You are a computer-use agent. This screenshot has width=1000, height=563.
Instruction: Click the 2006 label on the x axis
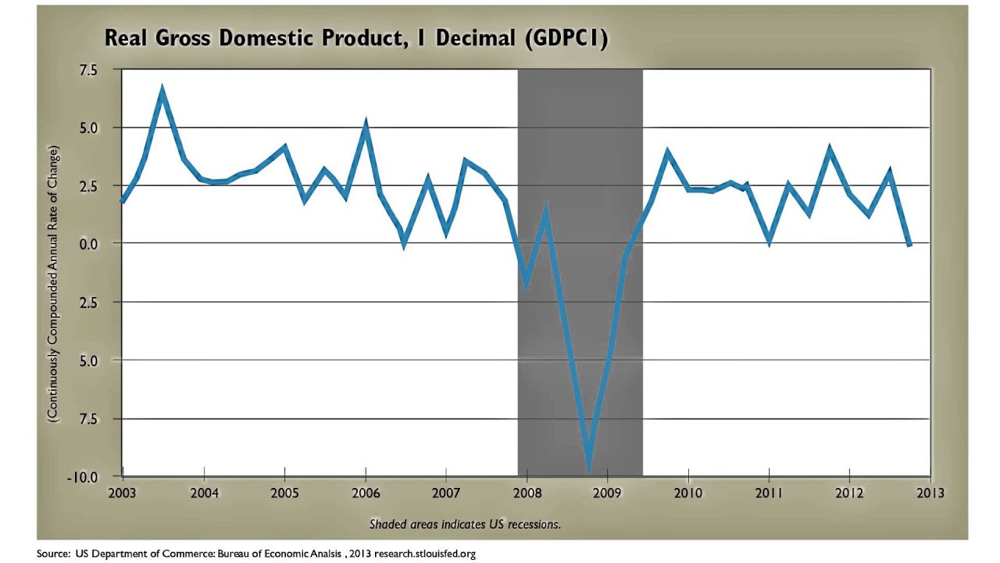click(x=365, y=493)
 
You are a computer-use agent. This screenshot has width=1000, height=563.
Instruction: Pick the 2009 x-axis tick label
click(x=607, y=493)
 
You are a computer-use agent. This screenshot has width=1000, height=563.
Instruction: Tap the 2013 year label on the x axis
click(x=930, y=493)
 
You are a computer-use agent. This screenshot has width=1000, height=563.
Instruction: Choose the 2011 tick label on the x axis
click(x=769, y=493)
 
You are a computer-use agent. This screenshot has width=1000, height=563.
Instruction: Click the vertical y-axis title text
click(x=53, y=285)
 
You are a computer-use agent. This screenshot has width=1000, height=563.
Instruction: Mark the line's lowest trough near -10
click(x=589, y=469)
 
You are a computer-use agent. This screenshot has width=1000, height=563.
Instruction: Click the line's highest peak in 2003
click(x=162, y=91)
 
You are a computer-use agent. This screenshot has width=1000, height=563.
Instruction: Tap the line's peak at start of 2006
click(x=366, y=124)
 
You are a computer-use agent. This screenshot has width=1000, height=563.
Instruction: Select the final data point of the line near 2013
click(x=909, y=245)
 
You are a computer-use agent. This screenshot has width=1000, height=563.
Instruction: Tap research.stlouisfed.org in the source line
click(x=424, y=554)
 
